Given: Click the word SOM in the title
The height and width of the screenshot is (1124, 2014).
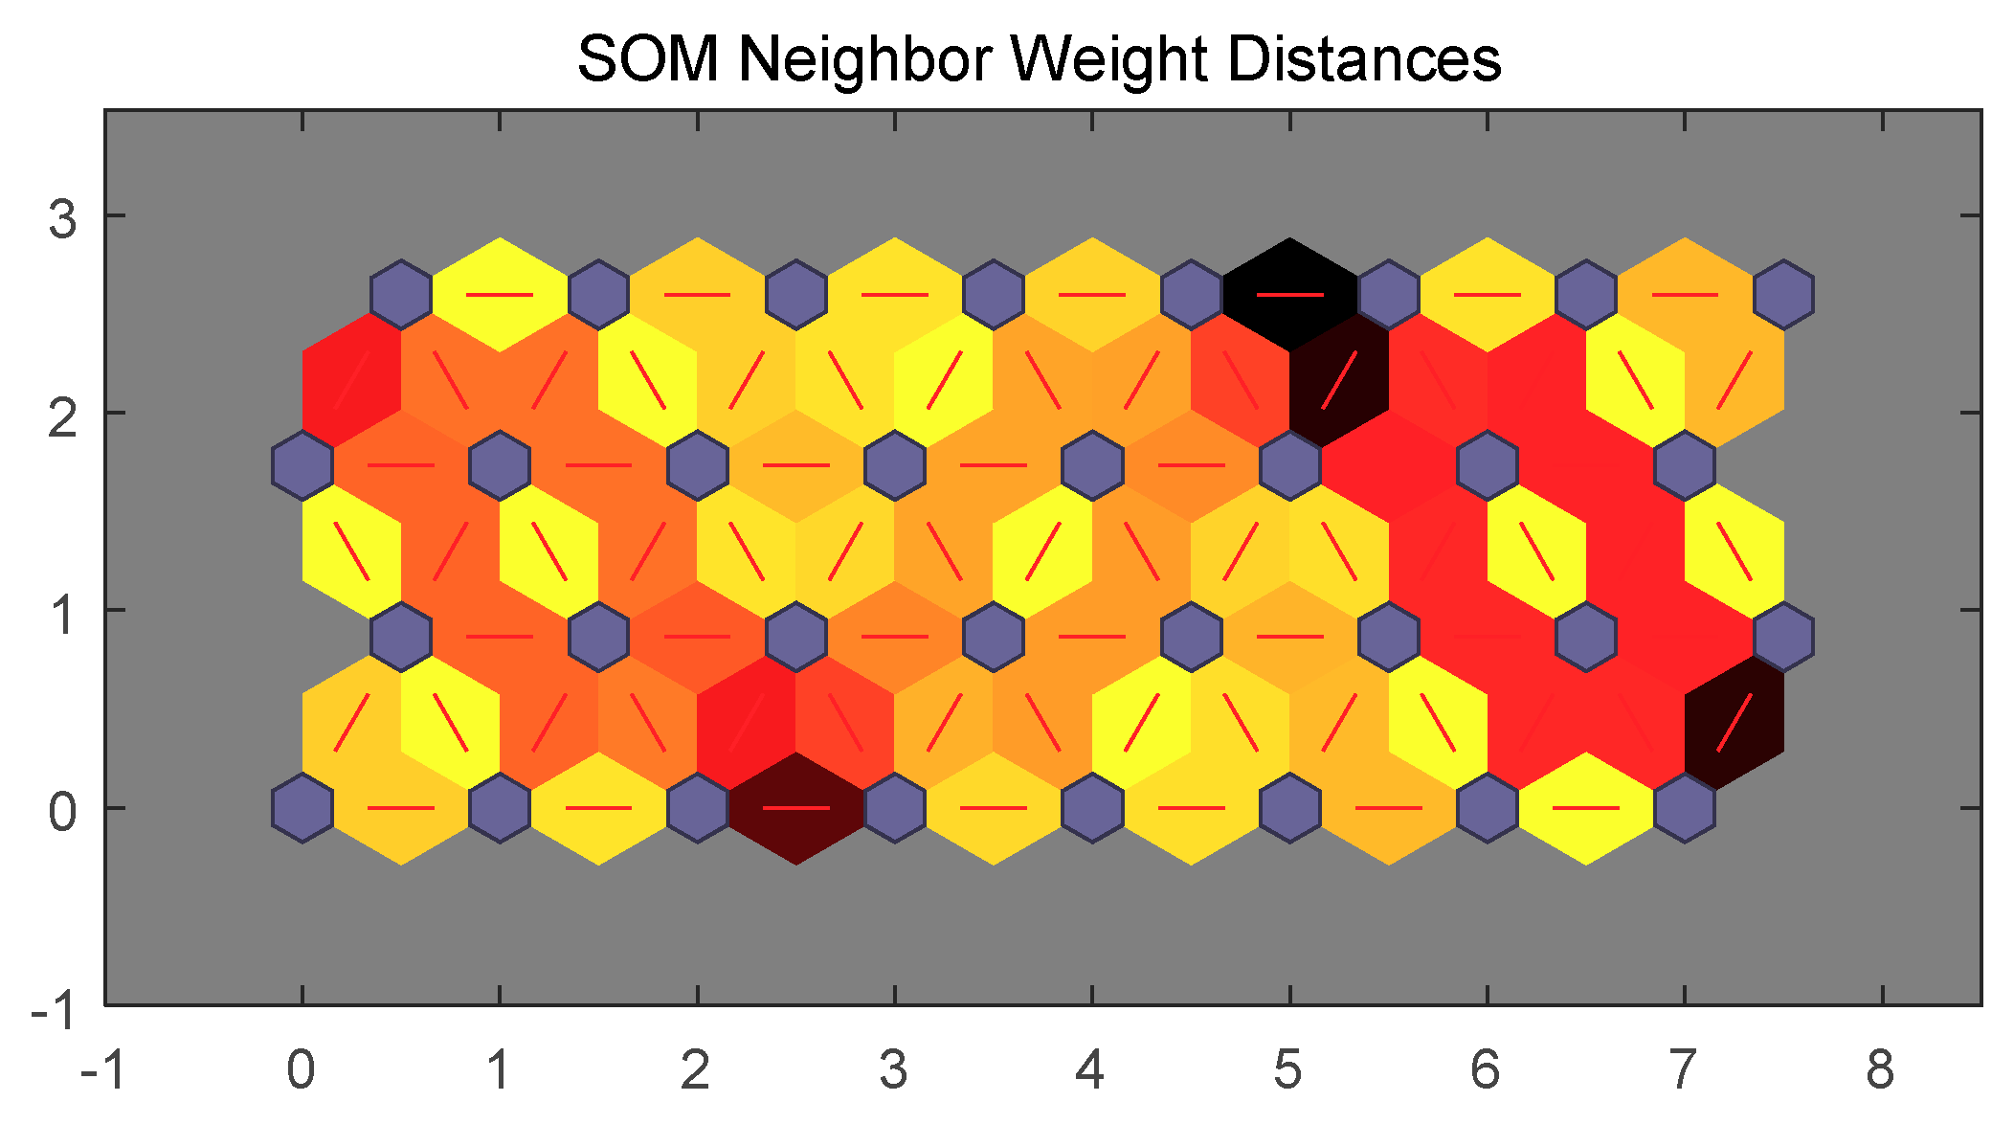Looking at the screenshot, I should pyautogui.click(x=647, y=59).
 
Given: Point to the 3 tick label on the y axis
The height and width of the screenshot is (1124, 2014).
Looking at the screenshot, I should pyautogui.click(x=62, y=218).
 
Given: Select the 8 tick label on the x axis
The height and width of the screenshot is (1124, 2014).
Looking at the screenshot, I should pyautogui.click(x=1880, y=1069).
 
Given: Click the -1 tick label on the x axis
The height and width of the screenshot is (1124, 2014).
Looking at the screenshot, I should pyautogui.click(x=102, y=1069).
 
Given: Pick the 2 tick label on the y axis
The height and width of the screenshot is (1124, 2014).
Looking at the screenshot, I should pyautogui.click(x=62, y=417).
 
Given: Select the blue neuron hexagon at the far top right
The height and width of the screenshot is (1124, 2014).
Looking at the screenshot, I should pyautogui.click(x=1783, y=294).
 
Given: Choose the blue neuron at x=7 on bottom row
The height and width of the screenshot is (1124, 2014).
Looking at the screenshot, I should pyautogui.click(x=1684, y=808).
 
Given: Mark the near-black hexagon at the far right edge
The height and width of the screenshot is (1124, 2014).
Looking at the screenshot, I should pyautogui.click(x=1734, y=722).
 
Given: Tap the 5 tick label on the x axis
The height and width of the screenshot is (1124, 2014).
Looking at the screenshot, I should pyautogui.click(x=1287, y=1069).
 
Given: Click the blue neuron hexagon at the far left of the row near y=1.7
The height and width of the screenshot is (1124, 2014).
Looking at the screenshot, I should pyautogui.click(x=302, y=465).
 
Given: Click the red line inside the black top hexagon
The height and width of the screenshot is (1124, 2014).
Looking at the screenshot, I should pyautogui.click(x=1289, y=294).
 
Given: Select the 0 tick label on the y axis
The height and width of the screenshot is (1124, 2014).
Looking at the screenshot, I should pyautogui.click(x=62, y=812).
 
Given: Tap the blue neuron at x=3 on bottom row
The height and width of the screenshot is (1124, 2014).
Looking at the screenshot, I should pyautogui.click(x=894, y=808).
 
